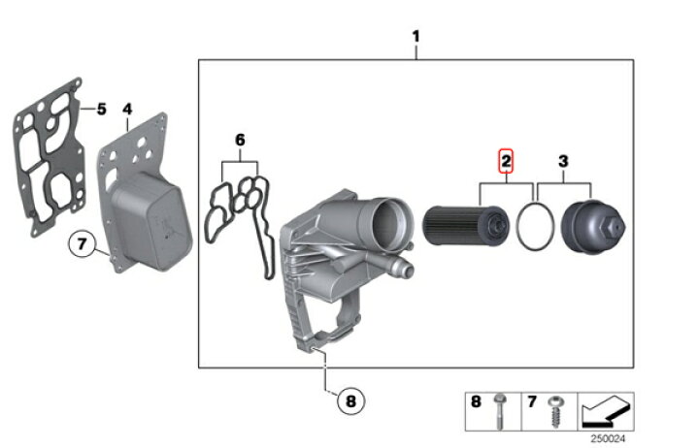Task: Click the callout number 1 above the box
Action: [x=416, y=36]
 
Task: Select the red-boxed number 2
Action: [x=506, y=161]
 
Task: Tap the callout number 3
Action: [x=563, y=161]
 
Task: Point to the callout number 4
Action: [x=127, y=109]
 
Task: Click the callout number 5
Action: [x=102, y=109]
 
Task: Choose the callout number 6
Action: [x=240, y=140]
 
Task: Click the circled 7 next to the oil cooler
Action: [x=82, y=244]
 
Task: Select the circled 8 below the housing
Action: [x=350, y=400]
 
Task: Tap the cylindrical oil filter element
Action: [x=465, y=225]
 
